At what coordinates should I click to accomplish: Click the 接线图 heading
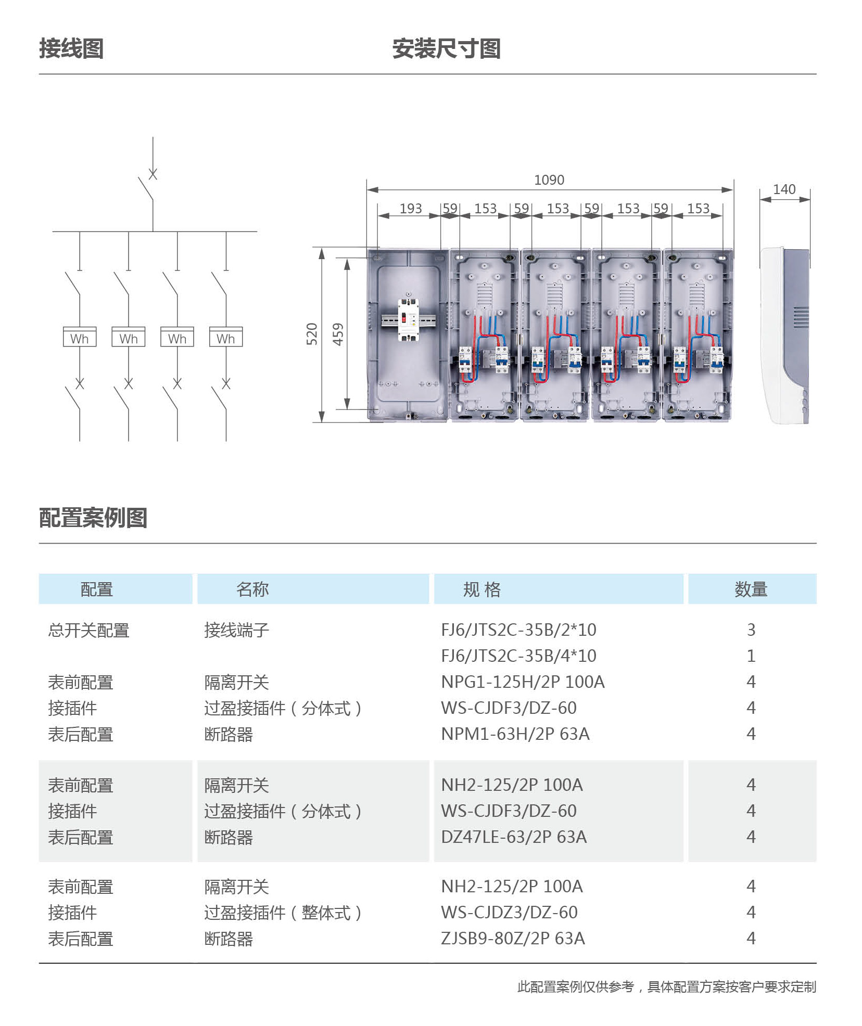pos(71,49)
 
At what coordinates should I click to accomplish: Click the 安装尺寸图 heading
pos(446,49)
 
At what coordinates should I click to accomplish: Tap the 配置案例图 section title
pos(93,518)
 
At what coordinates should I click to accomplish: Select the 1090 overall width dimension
pos(549,180)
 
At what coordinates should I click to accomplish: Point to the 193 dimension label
pos(411,209)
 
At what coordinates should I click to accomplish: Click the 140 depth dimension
pos(784,189)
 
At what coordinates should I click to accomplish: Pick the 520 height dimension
pos(312,334)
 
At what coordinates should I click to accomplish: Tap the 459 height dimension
pos(338,334)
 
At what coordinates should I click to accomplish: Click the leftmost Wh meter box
pos(80,337)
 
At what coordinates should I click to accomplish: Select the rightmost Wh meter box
pos(226,337)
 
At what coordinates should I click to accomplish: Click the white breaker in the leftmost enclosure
pos(408,320)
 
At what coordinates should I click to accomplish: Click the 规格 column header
pos(482,589)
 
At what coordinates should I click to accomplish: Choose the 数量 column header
pos(751,589)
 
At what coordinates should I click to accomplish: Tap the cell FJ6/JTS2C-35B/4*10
pos(518,656)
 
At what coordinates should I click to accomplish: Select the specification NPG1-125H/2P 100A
pos(523,682)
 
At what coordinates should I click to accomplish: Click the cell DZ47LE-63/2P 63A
pos(514,837)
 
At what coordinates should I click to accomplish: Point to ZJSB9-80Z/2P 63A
pos(513,939)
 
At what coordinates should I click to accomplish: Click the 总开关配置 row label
pos(88,631)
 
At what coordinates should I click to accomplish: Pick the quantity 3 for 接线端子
pos(751,630)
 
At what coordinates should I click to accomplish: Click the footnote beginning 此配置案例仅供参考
pos(667,987)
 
